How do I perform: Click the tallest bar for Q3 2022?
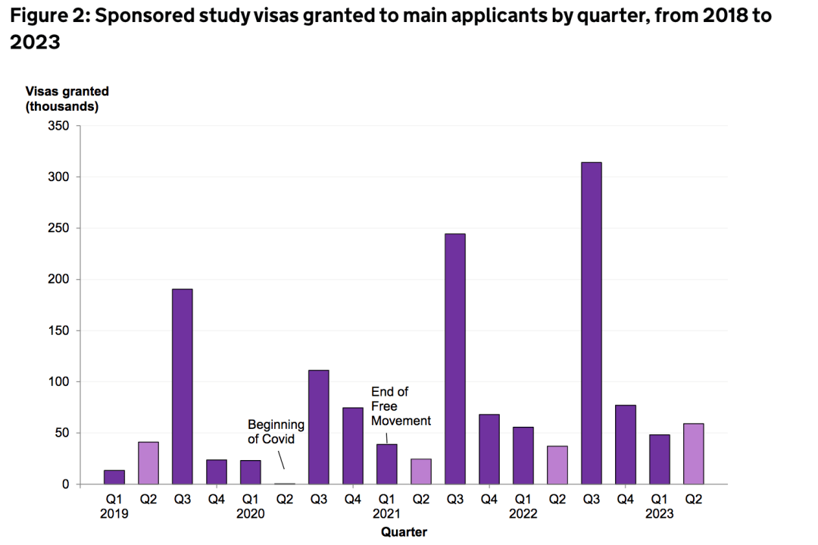(591, 323)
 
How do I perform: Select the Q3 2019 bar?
(182, 387)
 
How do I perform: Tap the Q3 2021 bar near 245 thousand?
(454, 359)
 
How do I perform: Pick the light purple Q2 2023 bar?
(693, 453)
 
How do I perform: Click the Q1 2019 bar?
(114, 477)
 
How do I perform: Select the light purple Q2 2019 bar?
(148, 462)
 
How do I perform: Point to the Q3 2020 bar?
(318, 427)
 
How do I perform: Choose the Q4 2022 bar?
(625, 444)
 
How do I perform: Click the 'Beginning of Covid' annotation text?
(276, 432)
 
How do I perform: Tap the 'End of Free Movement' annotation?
(401, 406)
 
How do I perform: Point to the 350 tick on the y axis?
(59, 126)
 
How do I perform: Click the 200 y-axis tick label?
(59, 280)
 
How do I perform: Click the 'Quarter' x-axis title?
(404, 532)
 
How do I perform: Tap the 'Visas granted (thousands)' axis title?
(67, 99)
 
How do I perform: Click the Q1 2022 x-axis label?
(523, 506)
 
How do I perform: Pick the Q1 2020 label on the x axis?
(250, 506)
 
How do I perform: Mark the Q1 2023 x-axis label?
(659, 506)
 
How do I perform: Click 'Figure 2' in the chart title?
(45, 16)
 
